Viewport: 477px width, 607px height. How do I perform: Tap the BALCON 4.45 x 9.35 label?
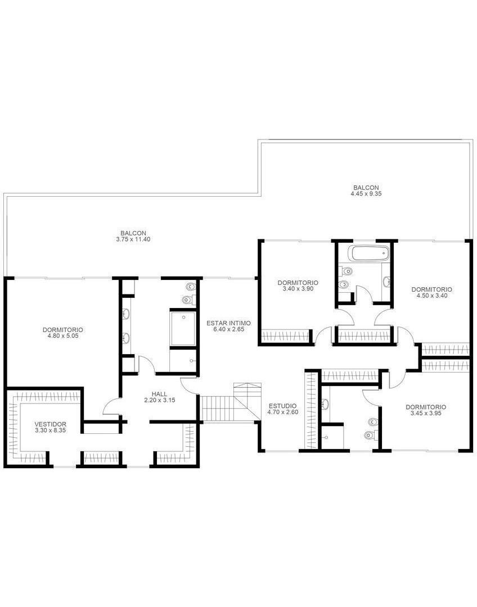click(366, 191)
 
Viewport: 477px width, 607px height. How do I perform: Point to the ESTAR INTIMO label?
click(228, 326)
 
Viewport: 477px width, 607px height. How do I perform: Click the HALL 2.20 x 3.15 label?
click(159, 397)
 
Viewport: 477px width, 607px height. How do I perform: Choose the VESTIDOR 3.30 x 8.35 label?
click(51, 427)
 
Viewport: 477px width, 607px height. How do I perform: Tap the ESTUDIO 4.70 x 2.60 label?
click(282, 409)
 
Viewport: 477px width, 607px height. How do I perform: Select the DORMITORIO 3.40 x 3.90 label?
click(298, 286)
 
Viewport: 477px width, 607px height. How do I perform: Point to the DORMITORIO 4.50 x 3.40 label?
click(431, 292)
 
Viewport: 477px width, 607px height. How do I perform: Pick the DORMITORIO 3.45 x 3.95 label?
click(426, 410)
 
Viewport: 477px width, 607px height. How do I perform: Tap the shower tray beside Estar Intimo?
click(182, 329)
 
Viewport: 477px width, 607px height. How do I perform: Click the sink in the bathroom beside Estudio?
click(326, 404)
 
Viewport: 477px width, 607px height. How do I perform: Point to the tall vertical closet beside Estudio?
click(310, 410)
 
